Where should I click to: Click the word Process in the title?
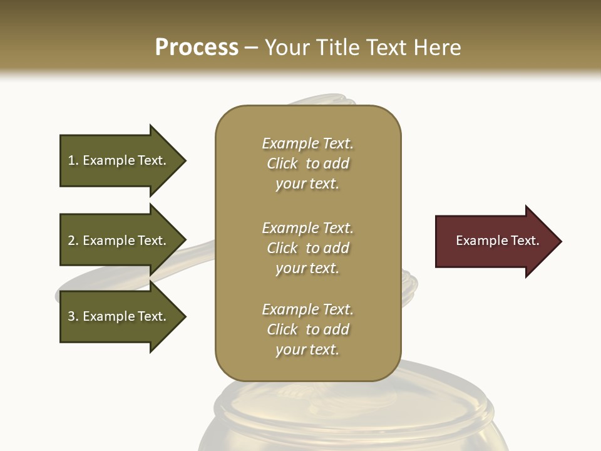197,48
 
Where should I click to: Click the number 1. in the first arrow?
73,160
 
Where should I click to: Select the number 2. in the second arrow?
73,241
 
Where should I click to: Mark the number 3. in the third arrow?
73,316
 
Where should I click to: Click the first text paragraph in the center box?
307,163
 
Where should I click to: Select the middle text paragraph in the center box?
307,248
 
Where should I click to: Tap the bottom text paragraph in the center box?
307,329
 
